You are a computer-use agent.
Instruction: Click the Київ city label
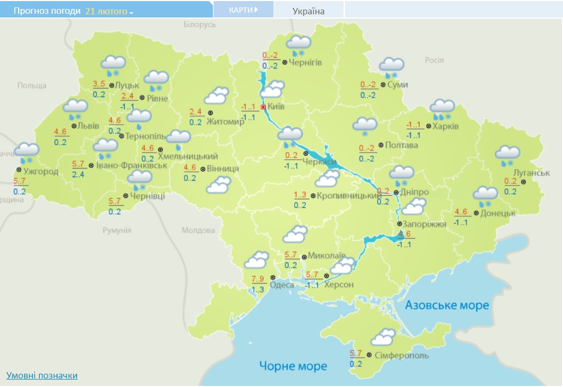point(276,107)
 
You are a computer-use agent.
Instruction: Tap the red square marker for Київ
point(263,107)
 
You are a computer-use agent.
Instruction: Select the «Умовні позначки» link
point(42,375)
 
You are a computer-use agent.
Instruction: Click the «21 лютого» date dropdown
point(109,11)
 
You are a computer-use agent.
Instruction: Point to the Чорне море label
point(293,366)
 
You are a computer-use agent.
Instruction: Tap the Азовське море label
point(446,305)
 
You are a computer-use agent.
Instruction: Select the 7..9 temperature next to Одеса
point(258,279)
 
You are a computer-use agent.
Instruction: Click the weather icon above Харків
point(442,109)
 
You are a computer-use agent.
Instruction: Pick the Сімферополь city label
point(401,355)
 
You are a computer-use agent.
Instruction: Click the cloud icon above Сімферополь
point(383,338)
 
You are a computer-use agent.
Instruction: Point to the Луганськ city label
point(532,173)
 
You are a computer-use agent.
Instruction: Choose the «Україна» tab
point(308,11)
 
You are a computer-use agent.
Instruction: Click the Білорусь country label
point(200,24)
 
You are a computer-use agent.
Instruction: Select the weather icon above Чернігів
point(298,46)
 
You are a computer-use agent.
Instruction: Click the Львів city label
point(88,126)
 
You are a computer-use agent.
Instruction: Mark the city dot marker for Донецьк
point(476,213)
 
